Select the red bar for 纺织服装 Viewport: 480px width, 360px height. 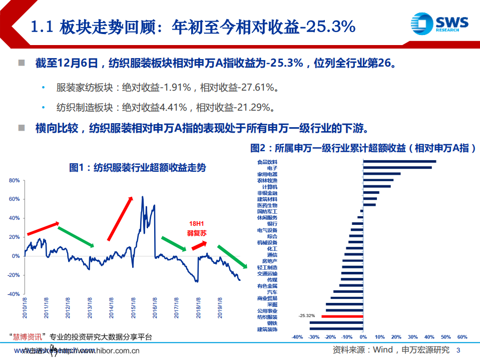click(342, 316)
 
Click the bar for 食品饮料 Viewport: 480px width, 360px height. click(399, 161)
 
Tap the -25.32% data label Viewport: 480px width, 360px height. click(306, 316)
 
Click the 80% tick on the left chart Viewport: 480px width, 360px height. click(15, 180)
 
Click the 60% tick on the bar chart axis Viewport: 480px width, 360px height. click(462, 337)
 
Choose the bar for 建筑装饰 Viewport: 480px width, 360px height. click(336, 329)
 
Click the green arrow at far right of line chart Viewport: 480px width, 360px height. click(232, 256)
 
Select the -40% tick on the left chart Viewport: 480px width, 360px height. click(14, 294)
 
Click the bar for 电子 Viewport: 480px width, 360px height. click(397, 168)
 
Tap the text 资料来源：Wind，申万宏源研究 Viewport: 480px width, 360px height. click(391, 349)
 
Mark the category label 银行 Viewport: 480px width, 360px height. click(272, 224)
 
